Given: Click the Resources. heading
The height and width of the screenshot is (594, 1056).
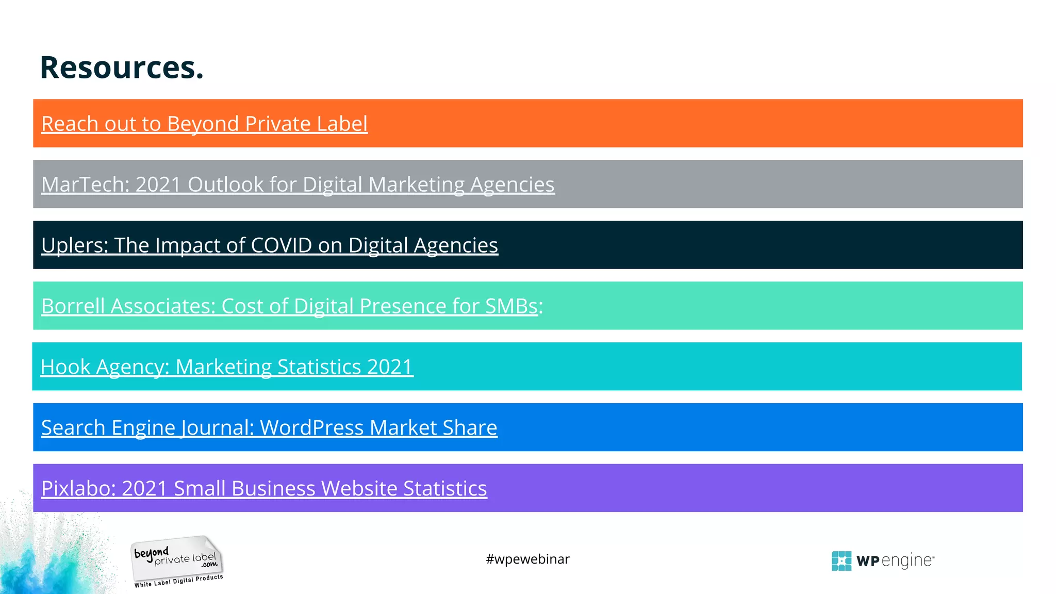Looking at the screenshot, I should click(x=122, y=68).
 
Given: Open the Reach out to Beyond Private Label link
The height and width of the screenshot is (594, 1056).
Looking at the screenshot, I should click(x=204, y=124).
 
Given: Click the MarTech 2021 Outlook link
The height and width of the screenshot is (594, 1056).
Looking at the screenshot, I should click(x=298, y=185).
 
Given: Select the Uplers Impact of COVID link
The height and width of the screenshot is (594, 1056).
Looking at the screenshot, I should click(x=269, y=245).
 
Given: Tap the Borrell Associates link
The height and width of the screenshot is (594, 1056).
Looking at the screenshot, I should click(x=291, y=306).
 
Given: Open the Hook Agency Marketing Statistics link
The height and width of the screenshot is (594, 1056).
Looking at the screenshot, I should click(x=226, y=367).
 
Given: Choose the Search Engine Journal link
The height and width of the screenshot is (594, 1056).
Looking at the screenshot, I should click(x=269, y=428).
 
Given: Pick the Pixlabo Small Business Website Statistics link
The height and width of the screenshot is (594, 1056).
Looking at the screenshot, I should click(x=263, y=489).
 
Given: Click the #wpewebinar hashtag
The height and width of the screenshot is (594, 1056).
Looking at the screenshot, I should click(x=527, y=559).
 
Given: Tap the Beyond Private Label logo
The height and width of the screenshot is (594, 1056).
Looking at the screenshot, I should click(x=177, y=560).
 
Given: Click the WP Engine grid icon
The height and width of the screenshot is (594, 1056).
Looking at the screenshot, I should click(x=841, y=561).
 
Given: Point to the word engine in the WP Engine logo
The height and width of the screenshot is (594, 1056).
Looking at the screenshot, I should click(x=907, y=561).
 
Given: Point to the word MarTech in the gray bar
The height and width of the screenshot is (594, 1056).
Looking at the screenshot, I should click(x=85, y=185).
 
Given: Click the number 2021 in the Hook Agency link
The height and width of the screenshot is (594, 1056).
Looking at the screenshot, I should click(x=390, y=367).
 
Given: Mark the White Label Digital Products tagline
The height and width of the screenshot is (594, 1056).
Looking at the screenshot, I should click(x=178, y=581).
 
